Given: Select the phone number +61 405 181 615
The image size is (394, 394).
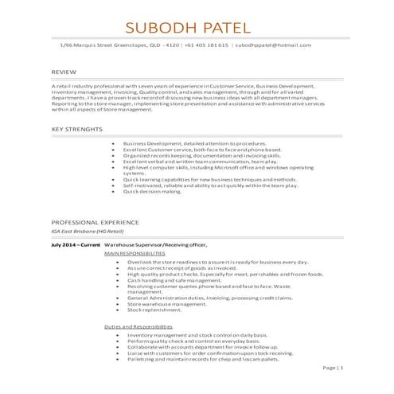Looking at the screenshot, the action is tap(207, 45).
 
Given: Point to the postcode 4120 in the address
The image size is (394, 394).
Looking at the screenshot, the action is tap(170, 45).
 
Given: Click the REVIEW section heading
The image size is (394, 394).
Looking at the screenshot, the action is tap(64, 72).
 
